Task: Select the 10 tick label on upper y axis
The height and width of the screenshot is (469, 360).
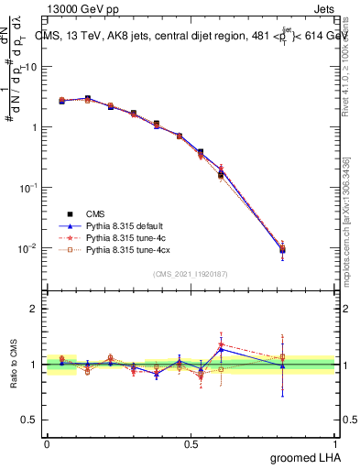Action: click(x=31, y=67)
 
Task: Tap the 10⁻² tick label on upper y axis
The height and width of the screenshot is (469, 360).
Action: click(x=27, y=247)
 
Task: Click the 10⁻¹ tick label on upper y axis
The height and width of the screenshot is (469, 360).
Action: click(x=27, y=187)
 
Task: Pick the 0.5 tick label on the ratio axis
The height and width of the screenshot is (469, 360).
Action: click(x=30, y=420)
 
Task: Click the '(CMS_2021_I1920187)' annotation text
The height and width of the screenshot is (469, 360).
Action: click(x=191, y=274)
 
